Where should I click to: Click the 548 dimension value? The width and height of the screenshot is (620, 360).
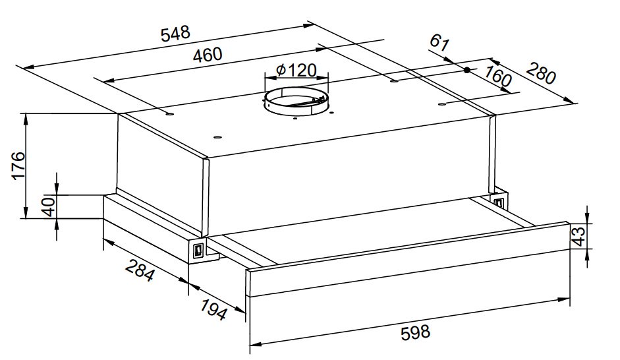tap(175, 34)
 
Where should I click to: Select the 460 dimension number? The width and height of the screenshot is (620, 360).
tap(208, 54)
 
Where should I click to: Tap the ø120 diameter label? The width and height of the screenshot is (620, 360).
tap(296, 71)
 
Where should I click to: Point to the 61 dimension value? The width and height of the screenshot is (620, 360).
tap(439, 42)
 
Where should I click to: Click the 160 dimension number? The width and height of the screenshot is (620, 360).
tap(498, 76)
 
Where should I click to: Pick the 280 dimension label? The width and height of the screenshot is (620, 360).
tap(541, 73)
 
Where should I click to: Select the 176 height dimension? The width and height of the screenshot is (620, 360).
tap(18, 165)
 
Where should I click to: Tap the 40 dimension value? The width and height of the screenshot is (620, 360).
tap(49, 206)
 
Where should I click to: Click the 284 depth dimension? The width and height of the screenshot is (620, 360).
tap(140, 270)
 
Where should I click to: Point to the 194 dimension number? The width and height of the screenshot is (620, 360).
tap(214, 309)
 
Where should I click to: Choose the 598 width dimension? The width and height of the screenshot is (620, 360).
tap(415, 332)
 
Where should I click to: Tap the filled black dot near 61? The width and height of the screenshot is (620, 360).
tap(467, 70)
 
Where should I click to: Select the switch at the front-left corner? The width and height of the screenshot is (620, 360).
tap(198, 251)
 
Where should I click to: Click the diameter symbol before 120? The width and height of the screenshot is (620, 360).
tap(281, 71)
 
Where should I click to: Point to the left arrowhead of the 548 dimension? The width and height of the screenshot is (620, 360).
tap(30, 67)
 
